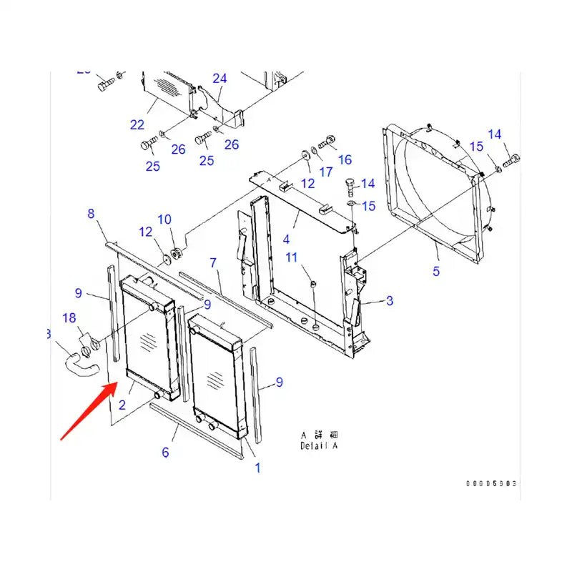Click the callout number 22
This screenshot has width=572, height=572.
[x=137, y=124]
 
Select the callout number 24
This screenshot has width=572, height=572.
[x=220, y=79]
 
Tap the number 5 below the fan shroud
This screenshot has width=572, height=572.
[x=436, y=271]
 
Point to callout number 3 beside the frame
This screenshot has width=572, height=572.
[x=389, y=301]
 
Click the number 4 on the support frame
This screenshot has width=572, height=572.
[x=286, y=239]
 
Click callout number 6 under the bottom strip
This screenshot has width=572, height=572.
[x=165, y=452]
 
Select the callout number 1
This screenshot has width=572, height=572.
[x=257, y=468]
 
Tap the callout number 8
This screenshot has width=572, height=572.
[x=91, y=213]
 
